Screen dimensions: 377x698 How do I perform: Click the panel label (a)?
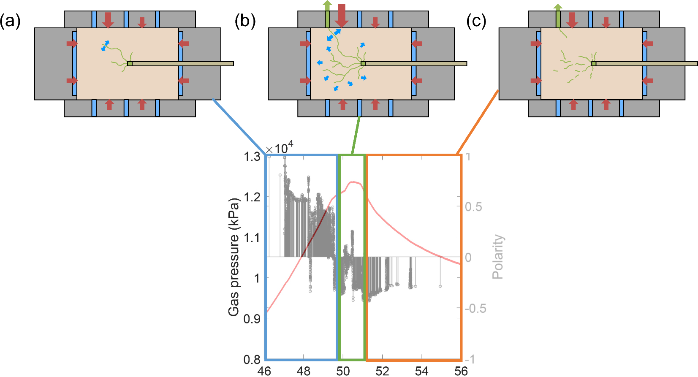point(10,21)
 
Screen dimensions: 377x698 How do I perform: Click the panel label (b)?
point(245,21)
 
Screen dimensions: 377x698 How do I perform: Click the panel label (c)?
point(476,21)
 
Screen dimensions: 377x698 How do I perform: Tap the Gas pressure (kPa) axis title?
point(234,257)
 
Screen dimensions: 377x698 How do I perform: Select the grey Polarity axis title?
point(498,257)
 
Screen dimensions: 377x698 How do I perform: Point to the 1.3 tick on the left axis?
point(252,157)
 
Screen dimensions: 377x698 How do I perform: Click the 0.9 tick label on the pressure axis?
point(252,319)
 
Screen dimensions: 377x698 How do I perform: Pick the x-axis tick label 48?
point(303,371)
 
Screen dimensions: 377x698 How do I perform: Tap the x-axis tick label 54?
point(421,371)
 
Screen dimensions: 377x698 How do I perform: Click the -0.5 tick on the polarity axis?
point(475,309)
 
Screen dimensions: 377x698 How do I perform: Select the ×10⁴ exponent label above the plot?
point(279,148)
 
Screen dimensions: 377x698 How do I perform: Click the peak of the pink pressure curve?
point(354,182)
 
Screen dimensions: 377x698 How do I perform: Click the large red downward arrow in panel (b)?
point(342,14)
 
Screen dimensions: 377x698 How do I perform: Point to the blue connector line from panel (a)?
point(239,127)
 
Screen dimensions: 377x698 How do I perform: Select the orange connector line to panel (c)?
point(478,122)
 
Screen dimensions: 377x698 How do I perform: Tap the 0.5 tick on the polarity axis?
point(473,207)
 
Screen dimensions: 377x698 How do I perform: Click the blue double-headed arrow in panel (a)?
point(105,46)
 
